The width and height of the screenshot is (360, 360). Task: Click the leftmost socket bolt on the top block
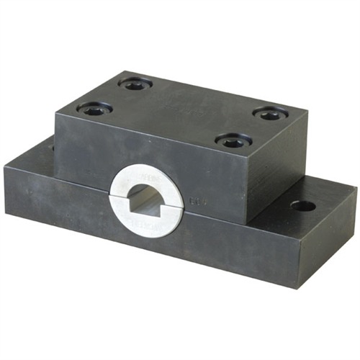(x=94, y=110)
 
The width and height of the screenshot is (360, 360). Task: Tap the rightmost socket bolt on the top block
(x=269, y=114)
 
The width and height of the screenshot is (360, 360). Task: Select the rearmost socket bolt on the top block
(x=135, y=84)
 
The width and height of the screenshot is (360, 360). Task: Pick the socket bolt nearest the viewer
(x=232, y=142)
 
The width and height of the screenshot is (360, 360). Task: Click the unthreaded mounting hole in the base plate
(x=302, y=206)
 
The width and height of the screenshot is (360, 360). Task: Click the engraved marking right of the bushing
(x=194, y=204)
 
